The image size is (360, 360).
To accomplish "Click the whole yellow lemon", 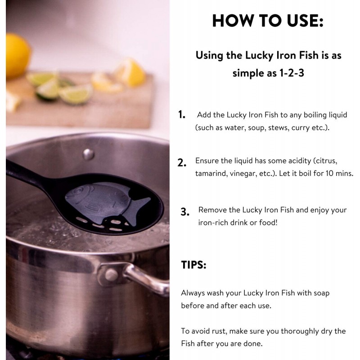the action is [18, 56].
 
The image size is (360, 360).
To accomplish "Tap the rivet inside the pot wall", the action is [88, 154].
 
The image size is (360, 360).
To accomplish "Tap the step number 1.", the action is [182, 115].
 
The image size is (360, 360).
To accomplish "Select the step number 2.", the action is [182, 163].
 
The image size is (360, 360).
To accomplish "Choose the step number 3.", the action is [185, 212].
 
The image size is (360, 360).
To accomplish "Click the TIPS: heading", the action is [193, 265].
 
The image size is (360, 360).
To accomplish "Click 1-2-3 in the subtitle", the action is [292, 73].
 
